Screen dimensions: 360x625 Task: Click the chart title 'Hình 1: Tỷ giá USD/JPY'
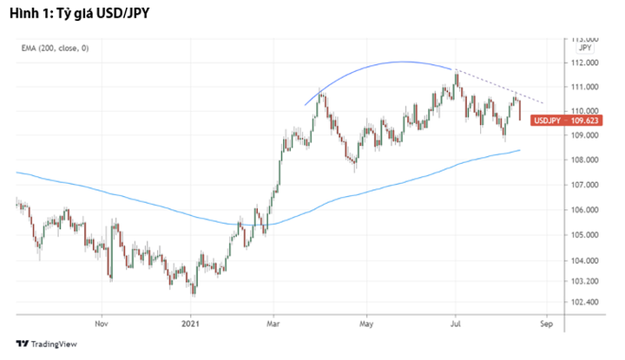(72, 12)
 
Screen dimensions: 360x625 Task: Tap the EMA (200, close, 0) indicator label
(55, 49)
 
